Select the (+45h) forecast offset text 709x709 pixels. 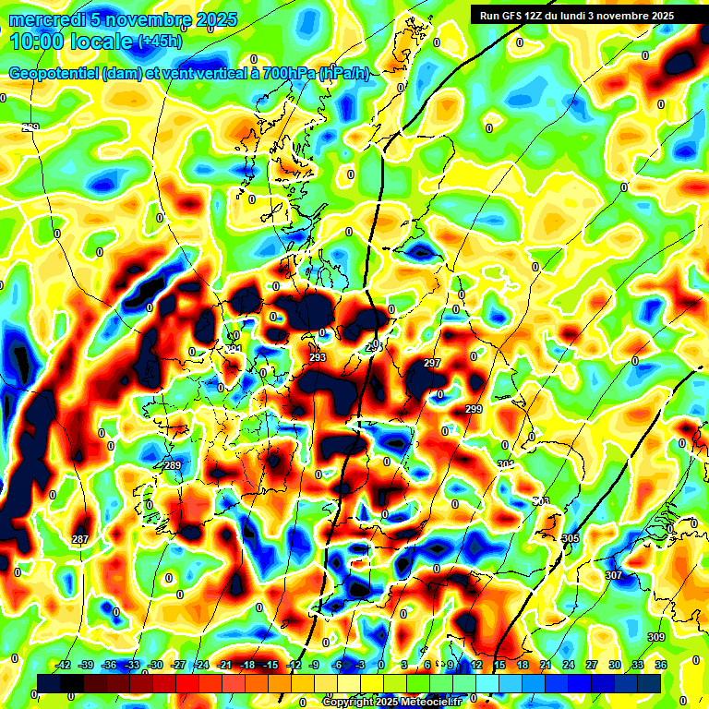pyautogui.click(x=160, y=42)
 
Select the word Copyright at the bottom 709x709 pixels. pyautogui.click(x=349, y=702)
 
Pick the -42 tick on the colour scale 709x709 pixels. pyautogui.click(x=64, y=665)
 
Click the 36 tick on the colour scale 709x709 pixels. pyautogui.click(x=660, y=665)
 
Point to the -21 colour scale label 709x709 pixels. pyautogui.click(x=223, y=665)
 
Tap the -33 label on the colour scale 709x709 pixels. pyautogui.click(x=132, y=665)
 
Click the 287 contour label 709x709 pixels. pyautogui.click(x=80, y=539)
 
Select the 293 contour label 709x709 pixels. pyautogui.click(x=318, y=357)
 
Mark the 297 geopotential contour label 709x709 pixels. pyautogui.click(x=432, y=364)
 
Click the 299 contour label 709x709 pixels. pyautogui.click(x=474, y=409)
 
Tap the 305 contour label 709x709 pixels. pyautogui.click(x=571, y=538)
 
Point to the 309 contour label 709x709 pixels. pyautogui.click(x=656, y=638)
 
